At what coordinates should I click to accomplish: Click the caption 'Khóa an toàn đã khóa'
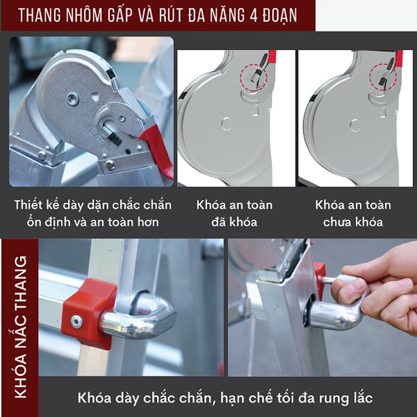pos(235,213)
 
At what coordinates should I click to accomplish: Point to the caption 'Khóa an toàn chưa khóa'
pos(353,213)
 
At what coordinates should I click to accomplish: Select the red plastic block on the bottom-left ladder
pos(83,313)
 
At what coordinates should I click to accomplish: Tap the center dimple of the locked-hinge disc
pos(225,124)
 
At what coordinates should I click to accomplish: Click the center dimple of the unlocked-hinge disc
pos(354,124)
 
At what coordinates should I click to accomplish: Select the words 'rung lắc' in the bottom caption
pos(348,399)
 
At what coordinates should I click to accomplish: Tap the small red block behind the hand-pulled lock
pos(319,274)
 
